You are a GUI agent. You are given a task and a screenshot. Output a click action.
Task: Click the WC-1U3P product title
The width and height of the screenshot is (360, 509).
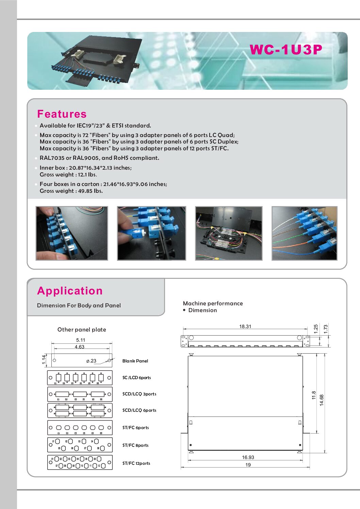tap(286, 50)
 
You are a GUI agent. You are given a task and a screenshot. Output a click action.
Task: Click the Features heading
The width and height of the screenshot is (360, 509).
tap(62, 114)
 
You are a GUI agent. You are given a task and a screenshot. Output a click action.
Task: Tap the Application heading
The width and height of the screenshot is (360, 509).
tap(70, 291)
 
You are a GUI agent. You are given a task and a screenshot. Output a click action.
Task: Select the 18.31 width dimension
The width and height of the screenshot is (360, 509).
tap(245, 326)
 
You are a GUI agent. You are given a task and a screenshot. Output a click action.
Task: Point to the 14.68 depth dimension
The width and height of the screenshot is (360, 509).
tap(322, 400)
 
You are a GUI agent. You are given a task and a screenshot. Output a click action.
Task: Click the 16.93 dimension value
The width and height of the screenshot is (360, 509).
tap(248, 457)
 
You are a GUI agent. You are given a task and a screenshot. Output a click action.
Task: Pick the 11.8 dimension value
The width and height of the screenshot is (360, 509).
tap(314, 395)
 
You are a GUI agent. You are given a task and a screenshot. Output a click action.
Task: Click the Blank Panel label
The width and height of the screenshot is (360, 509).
tap(135, 361)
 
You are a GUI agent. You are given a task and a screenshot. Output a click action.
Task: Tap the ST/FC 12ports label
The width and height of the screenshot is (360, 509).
tap(136, 463)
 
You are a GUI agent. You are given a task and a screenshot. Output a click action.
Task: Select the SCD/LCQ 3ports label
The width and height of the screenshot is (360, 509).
tap(139, 394)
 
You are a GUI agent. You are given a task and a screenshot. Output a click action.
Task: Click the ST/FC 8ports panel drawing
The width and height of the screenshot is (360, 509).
tap(80, 445)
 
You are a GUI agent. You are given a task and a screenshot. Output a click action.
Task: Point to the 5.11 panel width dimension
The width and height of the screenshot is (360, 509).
tap(81, 340)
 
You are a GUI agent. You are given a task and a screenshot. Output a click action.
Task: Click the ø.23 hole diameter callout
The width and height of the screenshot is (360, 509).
tap(91, 361)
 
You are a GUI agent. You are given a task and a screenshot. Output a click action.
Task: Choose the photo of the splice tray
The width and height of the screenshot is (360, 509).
tap(229, 233)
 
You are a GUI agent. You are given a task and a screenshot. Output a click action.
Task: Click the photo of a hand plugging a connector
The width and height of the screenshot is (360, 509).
tap(151, 233)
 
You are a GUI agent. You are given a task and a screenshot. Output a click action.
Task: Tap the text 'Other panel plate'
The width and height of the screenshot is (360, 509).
tap(82, 329)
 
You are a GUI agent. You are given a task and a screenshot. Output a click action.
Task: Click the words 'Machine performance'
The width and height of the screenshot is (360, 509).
tap(213, 303)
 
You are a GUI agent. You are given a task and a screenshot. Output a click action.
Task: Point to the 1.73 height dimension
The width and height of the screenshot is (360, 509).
tap(326, 329)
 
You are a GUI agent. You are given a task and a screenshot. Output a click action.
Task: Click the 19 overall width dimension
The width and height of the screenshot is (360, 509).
tap(248, 465)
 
